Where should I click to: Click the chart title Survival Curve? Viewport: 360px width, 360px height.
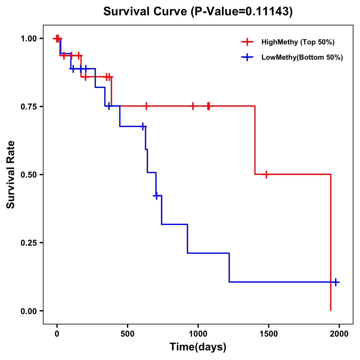[146, 11]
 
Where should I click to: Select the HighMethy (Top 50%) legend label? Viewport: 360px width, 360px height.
[298, 42]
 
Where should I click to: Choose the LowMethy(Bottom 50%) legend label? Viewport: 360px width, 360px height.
[302, 57]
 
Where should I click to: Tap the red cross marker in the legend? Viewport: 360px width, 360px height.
[247, 42]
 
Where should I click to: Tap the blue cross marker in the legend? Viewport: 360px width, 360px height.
[247, 57]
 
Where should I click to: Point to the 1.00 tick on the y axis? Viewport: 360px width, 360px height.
[28, 38]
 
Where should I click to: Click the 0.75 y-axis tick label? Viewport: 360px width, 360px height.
[28, 106]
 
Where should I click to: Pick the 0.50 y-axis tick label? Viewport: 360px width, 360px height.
[28, 175]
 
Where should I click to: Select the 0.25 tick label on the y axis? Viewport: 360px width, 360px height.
[28, 243]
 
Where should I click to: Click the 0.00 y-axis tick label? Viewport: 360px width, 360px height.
[28, 311]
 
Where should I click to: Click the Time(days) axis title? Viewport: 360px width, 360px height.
[198, 347]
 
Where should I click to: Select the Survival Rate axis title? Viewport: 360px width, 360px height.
[11, 175]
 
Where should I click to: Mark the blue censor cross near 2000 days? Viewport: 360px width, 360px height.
[336, 282]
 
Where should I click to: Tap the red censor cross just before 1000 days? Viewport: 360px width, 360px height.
[193, 106]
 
